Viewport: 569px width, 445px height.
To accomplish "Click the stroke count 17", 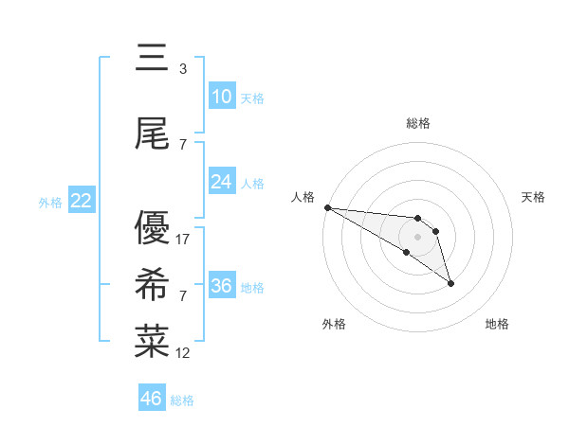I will point(183,240).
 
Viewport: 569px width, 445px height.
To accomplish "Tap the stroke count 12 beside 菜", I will point(183,353).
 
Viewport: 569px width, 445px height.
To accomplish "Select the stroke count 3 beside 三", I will point(182,69).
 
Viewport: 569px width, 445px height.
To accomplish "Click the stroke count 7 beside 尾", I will point(182,145).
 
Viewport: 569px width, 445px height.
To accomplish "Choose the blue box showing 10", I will point(222,97).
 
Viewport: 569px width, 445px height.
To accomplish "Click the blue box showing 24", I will point(222,182).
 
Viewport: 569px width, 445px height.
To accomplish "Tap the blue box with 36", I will point(222,286).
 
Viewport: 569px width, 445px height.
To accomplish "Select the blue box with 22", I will point(82,201).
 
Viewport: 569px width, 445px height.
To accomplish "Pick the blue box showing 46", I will point(152,399).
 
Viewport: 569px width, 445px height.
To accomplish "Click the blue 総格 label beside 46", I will point(182,400).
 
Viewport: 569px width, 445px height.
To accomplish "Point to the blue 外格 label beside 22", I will point(50,202).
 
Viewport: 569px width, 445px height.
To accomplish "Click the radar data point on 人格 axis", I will point(327,207).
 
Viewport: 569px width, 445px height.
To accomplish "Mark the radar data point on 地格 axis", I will point(450,283).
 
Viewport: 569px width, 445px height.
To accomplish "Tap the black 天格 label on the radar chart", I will point(534,197).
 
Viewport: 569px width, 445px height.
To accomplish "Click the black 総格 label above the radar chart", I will point(417,123).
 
